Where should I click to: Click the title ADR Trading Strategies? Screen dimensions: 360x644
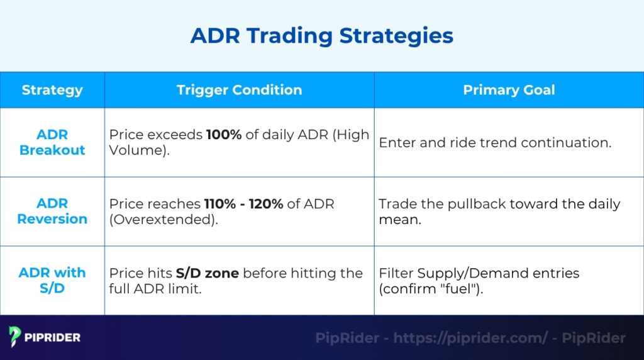(x=321, y=36)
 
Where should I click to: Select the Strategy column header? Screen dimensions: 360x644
(x=52, y=90)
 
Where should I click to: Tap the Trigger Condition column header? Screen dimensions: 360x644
(x=239, y=90)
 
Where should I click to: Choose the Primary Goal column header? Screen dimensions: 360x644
(x=509, y=90)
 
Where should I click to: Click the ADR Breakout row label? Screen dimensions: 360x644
(x=52, y=142)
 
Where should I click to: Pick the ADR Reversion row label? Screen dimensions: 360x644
(x=52, y=211)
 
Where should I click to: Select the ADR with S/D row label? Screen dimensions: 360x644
(x=52, y=281)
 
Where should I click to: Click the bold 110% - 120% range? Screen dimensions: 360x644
(x=243, y=204)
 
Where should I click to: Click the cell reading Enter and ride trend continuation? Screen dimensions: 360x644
(x=495, y=143)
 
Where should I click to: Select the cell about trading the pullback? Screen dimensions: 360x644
(x=499, y=211)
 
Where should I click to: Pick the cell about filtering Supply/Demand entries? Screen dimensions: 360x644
(x=479, y=281)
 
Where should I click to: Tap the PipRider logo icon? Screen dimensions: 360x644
(x=16, y=337)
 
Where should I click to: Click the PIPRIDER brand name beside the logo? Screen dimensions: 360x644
(x=53, y=338)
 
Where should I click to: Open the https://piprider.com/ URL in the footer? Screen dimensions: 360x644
(x=470, y=338)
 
